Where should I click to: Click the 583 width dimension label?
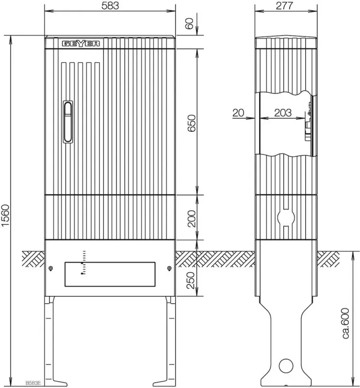pos(110,6)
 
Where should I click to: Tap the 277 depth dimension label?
pos(284,6)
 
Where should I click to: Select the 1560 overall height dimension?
pos(5,215)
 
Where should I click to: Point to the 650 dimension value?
pos(192,123)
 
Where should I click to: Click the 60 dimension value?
pos(189,23)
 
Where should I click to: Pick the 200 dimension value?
pos(192,219)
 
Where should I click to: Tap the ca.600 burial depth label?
pos(344,323)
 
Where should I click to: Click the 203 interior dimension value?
pos(283,113)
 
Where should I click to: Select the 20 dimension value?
pos(238,113)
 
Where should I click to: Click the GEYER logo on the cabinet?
pos(81,44)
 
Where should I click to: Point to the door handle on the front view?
pos(68,122)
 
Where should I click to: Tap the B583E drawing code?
pos(33,383)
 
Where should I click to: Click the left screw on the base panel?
pos(50,269)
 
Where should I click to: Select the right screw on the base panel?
pos(169,269)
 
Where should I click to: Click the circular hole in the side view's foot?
pos(286,366)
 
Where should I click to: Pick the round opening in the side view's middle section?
pos(286,217)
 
